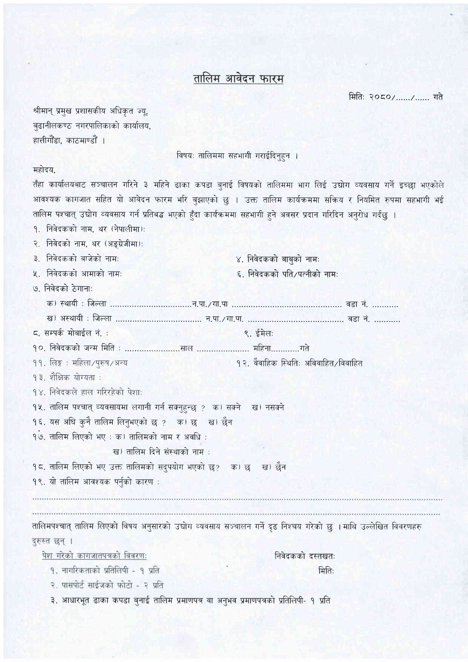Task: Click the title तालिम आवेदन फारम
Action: tap(238, 79)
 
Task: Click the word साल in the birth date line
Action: tap(186, 348)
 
